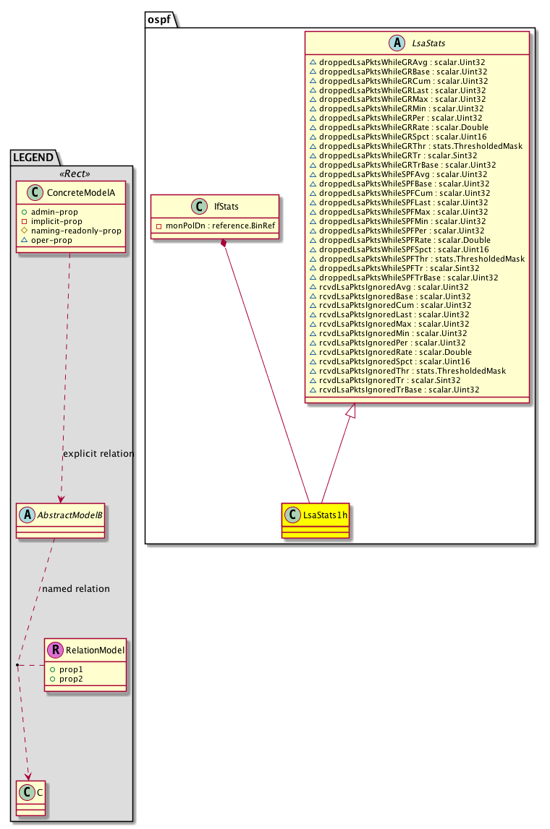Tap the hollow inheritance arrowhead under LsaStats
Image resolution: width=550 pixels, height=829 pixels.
point(351,411)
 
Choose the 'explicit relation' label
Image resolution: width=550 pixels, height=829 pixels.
point(98,454)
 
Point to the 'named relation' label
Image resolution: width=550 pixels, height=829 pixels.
point(76,588)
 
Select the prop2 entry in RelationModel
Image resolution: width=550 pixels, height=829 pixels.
point(70,679)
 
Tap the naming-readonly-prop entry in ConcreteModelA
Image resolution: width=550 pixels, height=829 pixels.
point(76,231)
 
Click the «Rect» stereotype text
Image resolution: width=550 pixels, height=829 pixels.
point(71,175)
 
